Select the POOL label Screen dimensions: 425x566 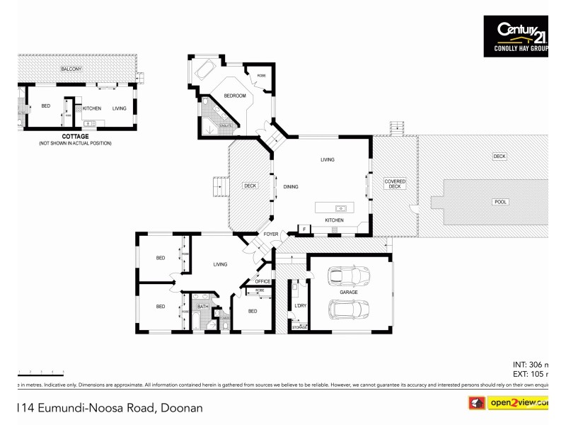click(x=500, y=202)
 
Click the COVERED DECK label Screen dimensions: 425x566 click(x=395, y=183)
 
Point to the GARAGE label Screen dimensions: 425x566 click(x=348, y=292)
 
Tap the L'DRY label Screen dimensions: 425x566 click(x=299, y=306)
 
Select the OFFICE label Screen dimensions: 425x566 click(x=262, y=281)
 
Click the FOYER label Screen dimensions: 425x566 click(x=271, y=234)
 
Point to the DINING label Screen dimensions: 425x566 click(x=290, y=187)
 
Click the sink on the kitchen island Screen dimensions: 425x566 click(x=340, y=208)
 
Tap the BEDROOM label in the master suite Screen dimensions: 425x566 click(x=235, y=96)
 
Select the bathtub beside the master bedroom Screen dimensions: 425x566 click(x=206, y=69)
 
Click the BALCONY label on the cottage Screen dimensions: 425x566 click(x=71, y=69)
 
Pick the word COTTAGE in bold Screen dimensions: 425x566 click(x=75, y=135)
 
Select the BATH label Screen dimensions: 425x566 click(x=202, y=307)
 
